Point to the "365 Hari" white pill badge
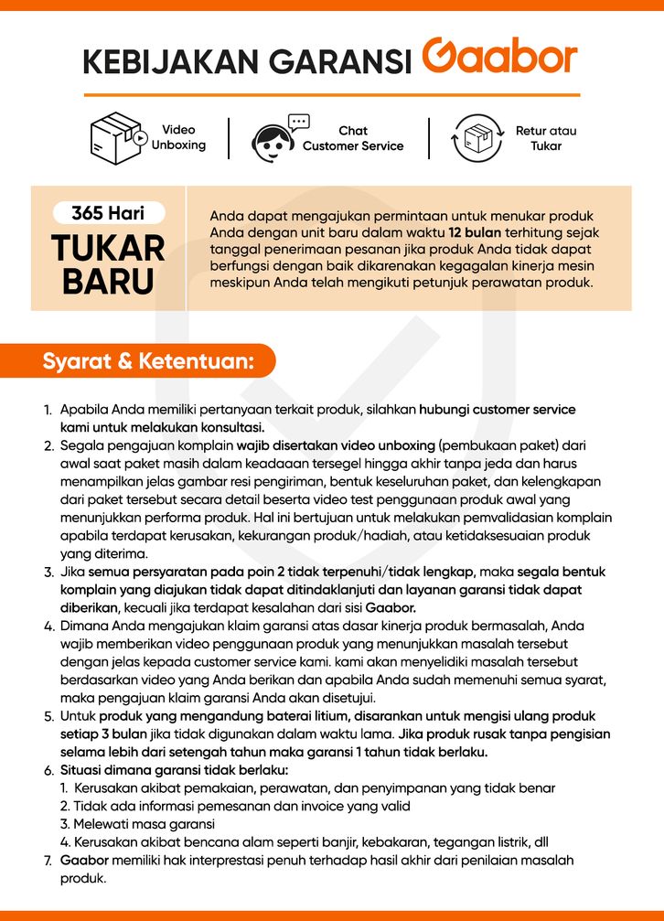(x=108, y=213)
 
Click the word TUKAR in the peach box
(x=108, y=248)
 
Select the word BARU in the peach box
(x=108, y=281)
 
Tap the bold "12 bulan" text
(x=474, y=232)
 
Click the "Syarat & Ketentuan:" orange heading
(x=147, y=360)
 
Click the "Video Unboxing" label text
(x=178, y=137)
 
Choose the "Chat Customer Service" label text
(x=353, y=138)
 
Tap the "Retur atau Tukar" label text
(x=546, y=138)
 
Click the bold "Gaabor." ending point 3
(x=391, y=607)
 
